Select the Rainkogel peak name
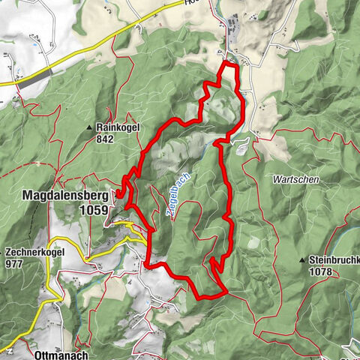click(x=114, y=127)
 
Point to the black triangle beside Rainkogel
click(x=90, y=127)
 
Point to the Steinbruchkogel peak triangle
click(x=303, y=260)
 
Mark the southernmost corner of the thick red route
click(x=199, y=296)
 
